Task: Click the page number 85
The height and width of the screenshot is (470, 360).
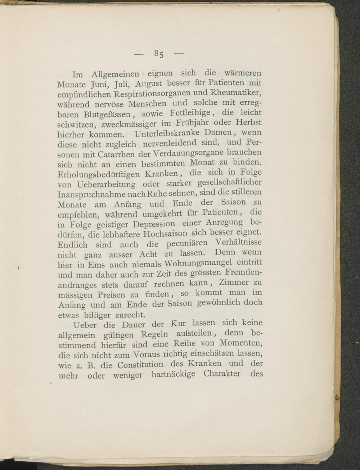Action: click(159, 54)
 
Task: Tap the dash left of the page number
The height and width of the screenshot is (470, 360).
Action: click(139, 54)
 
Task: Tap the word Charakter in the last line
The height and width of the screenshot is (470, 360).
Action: click(221, 373)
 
